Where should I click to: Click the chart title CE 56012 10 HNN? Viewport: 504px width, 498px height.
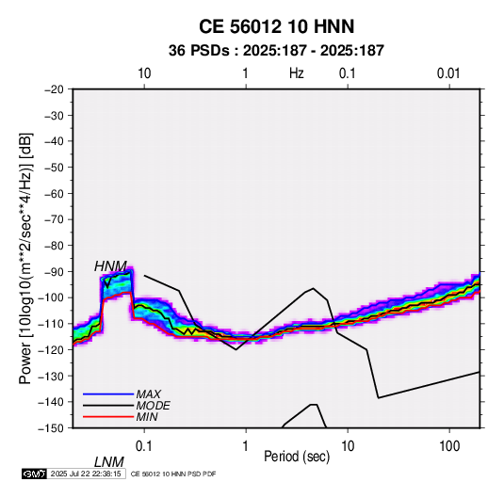276,26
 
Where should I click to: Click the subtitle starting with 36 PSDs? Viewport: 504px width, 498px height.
276,51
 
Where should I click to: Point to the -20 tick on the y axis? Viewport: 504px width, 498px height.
54,89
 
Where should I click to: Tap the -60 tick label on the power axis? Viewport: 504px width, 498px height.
54,193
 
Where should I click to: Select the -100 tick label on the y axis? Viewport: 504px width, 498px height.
52,297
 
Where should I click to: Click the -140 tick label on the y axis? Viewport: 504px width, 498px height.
52,402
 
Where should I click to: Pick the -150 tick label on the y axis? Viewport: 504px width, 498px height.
52,428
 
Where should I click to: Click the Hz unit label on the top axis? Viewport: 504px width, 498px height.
297,73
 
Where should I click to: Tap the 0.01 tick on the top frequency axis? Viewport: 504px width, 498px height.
448,73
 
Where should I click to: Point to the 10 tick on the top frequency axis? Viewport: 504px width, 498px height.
144,73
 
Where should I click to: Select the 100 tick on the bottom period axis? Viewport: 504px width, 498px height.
449,446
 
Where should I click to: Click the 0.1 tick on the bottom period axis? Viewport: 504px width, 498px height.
144,446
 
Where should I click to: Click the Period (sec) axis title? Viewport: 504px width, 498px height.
297,457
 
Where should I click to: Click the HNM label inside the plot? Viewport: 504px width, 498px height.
110,266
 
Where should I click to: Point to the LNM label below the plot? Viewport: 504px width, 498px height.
109,462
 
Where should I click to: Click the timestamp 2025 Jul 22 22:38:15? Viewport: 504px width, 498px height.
86,474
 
